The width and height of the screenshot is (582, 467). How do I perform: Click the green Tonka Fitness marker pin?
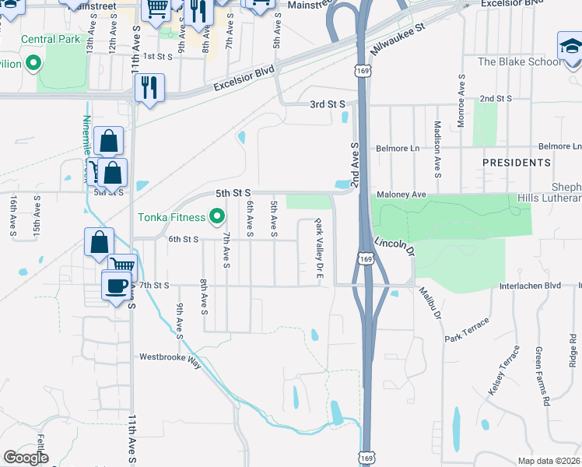(x=217, y=217)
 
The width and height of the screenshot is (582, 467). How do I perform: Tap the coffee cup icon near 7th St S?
(x=117, y=286)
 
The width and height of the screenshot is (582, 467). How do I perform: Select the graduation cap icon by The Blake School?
(x=570, y=46)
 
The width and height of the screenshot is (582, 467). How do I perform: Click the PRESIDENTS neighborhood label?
(x=516, y=163)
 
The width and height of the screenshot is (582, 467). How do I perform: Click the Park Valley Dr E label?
(x=318, y=251)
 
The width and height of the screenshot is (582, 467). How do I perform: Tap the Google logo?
(x=26, y=458)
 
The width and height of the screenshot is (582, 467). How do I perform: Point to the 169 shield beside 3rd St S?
(x=359, y=71)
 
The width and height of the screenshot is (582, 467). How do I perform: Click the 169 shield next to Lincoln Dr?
(x=366, y=257)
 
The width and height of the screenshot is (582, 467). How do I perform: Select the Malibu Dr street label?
(x=430, y=304)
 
